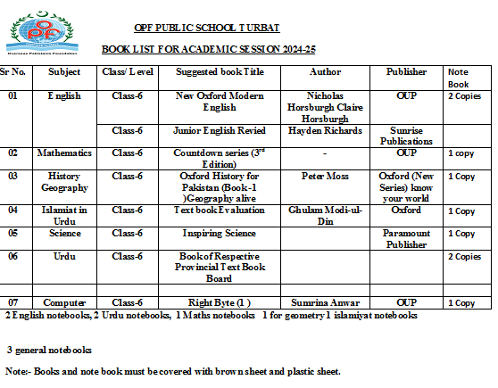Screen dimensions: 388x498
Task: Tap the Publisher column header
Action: pyautogui.click(x=407, y=71)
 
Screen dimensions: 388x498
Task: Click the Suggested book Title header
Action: pyautogui.click(x=220, y=71)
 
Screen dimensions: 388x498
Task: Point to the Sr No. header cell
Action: pyautogui.click(x=15, y=71)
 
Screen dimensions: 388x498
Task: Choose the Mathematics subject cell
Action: pyautogui.click(x=64, y=153)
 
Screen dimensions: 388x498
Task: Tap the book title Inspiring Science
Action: pyautogui.click(x=220, y=234)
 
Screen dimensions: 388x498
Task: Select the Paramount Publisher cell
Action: pyautogui.click(x=407, y=239)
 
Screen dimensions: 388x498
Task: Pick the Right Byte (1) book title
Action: pyautogui.click(x=220, y=302)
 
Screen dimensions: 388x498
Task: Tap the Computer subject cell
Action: pyautogui.click(x=64, y=302)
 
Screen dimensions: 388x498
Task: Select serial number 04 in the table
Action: pyautogui.click(x=12, y=211)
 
